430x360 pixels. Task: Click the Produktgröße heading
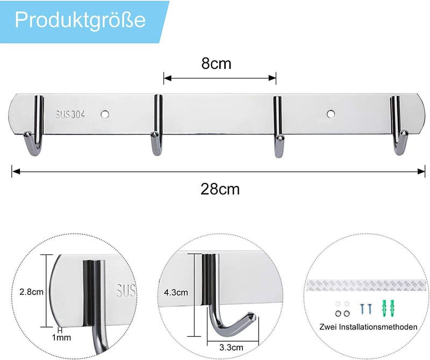(x=80, y=20)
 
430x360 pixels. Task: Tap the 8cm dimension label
(x=217, y=63)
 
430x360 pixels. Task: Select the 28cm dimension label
(x=220, y=189)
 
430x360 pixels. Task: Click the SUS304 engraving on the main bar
(x=70, y=114)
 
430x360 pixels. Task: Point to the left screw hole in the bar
(x=105, y=114)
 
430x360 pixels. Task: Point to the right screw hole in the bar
(x=331, y=114)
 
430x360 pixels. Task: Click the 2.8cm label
(x=32, y=292)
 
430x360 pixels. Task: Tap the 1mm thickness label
(x=61, y=337)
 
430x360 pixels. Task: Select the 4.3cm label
(x=176, y=292)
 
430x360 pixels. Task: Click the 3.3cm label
(x=231, y=348)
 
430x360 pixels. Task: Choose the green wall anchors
(x=388, y=308)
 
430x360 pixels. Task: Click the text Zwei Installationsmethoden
(x=368, y=327)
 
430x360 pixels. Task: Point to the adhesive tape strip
(x=367, y=285)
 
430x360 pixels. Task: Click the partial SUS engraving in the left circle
(x=126, y=290)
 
